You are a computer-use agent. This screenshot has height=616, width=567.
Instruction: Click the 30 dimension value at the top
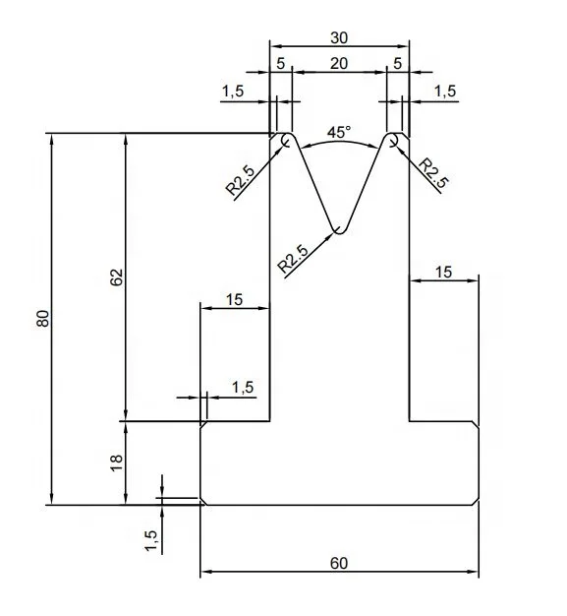339,37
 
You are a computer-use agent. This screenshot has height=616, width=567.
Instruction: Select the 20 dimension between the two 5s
339,63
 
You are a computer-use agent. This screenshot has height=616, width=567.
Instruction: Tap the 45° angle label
339,132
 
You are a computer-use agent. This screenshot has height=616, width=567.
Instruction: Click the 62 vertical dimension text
116,277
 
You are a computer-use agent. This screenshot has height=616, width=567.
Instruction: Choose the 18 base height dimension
116,462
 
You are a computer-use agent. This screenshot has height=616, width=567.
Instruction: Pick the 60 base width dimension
339,564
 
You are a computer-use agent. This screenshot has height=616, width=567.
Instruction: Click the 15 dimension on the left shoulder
234,299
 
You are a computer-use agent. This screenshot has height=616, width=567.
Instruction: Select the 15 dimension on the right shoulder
444,272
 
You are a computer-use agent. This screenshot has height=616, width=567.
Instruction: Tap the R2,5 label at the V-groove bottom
294,257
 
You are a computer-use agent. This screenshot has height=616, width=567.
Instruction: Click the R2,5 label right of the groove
433,172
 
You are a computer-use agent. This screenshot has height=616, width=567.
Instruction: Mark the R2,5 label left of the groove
241,182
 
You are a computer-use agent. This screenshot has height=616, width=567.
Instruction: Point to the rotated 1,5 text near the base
150,539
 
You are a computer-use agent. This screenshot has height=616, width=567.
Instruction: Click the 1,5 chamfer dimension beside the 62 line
242,388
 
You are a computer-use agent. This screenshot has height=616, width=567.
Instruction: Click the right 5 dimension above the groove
396,63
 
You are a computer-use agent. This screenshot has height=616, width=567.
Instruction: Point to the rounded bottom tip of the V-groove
339,231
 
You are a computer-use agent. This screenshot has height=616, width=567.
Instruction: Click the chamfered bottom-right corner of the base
477,502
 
